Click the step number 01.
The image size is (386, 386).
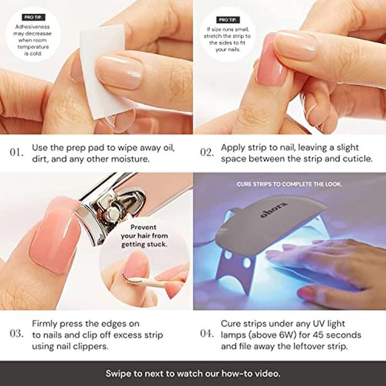click(17, 153)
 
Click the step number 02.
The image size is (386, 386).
click(207, 153)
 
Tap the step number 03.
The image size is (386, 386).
click(17, 333)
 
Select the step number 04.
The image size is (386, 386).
click(207, 333)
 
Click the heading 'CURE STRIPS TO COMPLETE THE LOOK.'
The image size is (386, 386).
click(289, 184)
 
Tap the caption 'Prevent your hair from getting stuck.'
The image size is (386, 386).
click(143, 236)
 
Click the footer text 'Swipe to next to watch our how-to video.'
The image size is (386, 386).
click(193, 374)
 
